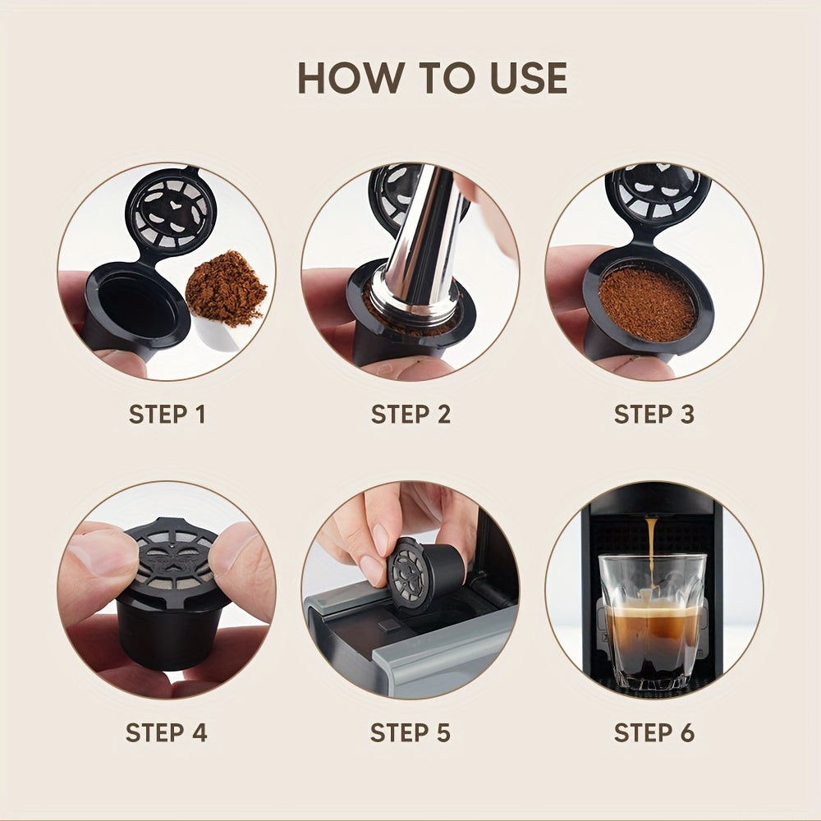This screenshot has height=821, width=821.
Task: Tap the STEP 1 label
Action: [x=167, y=415]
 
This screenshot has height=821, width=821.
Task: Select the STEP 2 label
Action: [x=410, y=415]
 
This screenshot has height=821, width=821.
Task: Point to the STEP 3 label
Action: [x=654, y=415]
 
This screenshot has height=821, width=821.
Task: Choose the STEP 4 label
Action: [x=167, y=732]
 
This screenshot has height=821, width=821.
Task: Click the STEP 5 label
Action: [x=410, y=732]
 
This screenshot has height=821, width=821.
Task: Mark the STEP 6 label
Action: [x=654, y=732]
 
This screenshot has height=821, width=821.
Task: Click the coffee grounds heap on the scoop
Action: [x=226, y=287]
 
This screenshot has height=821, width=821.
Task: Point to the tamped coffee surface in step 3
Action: [x=648, y=304]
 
